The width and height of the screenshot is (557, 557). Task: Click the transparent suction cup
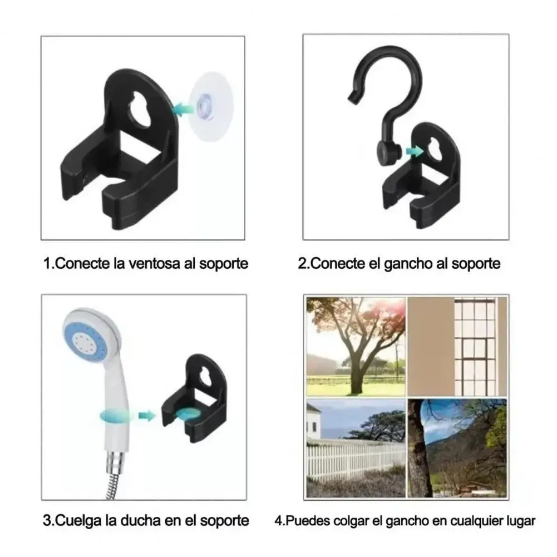pos(211,107)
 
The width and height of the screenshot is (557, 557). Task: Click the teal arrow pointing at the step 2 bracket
pos(414,151)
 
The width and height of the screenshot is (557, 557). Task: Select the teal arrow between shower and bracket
pos(146,416)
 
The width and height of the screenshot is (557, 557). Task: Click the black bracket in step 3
pos(194,398)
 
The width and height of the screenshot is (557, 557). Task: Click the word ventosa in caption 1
pos(154,264)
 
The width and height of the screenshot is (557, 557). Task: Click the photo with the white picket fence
pos(356,448)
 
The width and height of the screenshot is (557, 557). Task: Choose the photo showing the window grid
pos(457,347)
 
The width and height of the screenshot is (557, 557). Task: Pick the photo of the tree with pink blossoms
pos(356,347)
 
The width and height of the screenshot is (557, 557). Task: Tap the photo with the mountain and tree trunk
pos(457,448)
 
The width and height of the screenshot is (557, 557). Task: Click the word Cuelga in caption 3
pos(78,521)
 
